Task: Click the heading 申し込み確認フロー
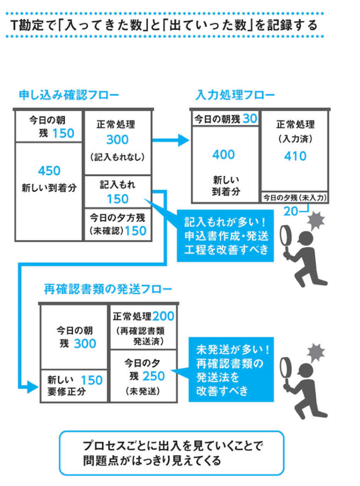[68, 95]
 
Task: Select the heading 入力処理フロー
[235, 95]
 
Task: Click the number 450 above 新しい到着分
[49, 170]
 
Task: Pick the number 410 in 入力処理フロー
[295, 156]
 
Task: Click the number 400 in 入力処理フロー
[223, 154]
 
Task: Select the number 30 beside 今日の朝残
[249, 119]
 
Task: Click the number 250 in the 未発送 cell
[153, 376]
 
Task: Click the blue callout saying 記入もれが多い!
[227, 236]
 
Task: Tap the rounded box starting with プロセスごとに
[172, 453]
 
